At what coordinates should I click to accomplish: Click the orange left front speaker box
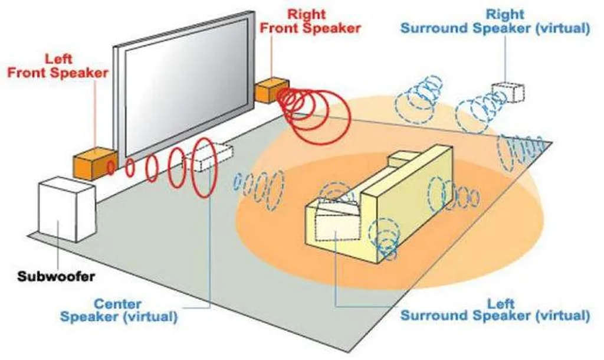90,163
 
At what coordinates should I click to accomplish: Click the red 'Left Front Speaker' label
58,66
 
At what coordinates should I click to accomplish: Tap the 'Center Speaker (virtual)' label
119,310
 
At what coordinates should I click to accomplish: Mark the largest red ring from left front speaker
202,168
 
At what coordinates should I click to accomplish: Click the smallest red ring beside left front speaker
110,168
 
